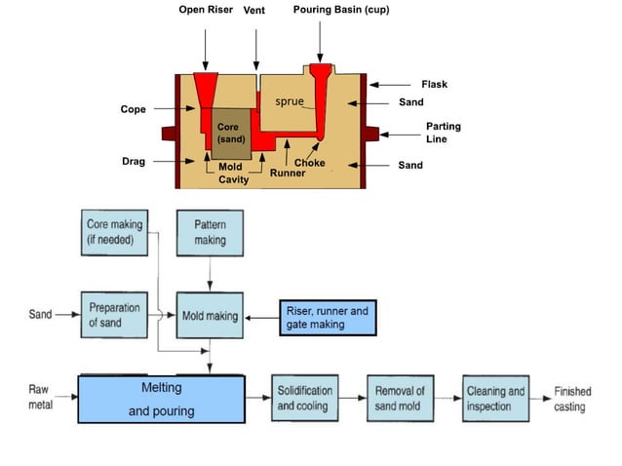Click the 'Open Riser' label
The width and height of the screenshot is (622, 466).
(205, 10)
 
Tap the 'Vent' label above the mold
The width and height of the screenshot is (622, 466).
(254, 10)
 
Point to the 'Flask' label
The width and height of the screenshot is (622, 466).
(434, 85)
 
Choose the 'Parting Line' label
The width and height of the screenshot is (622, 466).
(444, 133)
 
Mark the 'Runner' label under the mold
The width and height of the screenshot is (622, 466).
(288, 173)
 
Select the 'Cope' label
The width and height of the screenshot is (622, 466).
(134, 109)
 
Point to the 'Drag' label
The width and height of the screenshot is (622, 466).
(133, 162)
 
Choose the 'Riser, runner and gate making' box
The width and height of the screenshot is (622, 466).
(328, 318)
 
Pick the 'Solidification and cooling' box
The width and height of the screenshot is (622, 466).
(305, 398)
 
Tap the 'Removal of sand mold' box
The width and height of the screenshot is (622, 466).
(400, 398)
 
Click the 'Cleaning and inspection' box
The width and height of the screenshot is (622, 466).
(494, 398)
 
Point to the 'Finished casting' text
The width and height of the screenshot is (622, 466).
(572, 399)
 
